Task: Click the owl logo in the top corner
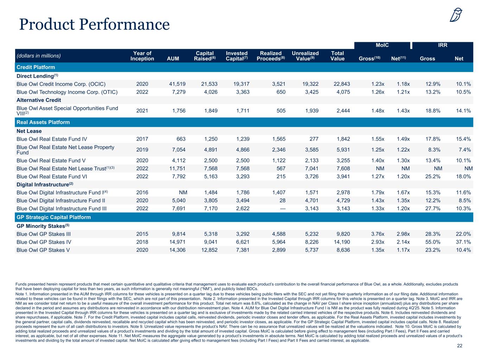click(x=456, y=15)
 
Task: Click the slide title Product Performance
click(x=94, y=24)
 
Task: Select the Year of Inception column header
click(x=142, y=56)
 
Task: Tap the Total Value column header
click(x=338, y=56)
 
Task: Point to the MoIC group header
click(x=382, y=45)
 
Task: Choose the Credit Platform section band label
click(x=36, y=67)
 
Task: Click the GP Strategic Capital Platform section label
click(x=54, y=217)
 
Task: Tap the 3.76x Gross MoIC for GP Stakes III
click(x=378, y=234)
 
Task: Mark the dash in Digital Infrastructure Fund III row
click(x=282, y=209)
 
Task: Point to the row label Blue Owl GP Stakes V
click(x=43, y=250)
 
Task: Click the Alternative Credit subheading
click(x=39, y=100)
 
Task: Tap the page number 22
click(x=460, y=346)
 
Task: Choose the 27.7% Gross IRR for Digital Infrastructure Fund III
click(x=433, y=209)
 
